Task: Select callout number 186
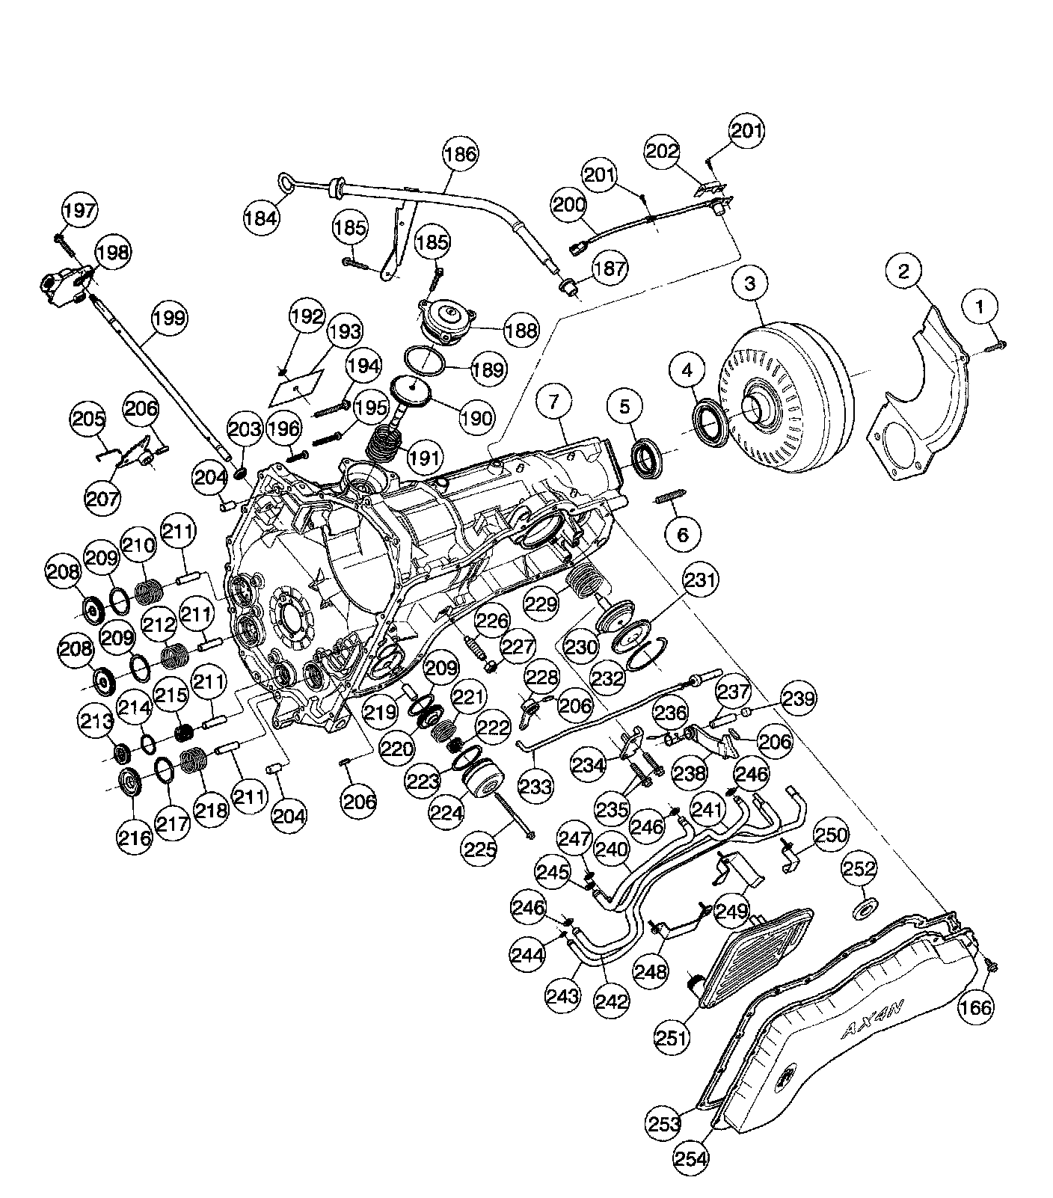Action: click(459, 155)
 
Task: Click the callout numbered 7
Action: click(553, 402)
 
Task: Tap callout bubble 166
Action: click(975, 1007)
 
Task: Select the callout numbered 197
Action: click(79, 211)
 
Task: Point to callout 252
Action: click(859, 869)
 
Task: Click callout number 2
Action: click(904, 271)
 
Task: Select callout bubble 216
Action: click(134, 837)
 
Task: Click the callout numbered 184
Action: click(261, 218)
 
